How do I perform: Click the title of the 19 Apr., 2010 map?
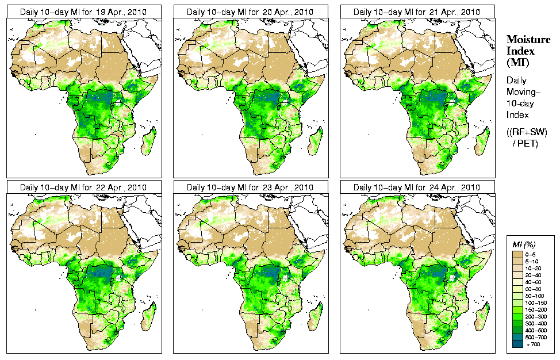(x=83, y=12)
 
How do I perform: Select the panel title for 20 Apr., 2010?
(x=250, y=12)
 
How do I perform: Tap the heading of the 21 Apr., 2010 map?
(x=416, y=12)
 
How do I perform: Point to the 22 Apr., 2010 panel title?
(x=83, y=187)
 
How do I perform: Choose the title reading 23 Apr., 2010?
(x=250, y=187)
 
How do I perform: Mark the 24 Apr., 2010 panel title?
(x=416, y=187)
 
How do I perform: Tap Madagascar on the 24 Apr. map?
(x=483, y=316)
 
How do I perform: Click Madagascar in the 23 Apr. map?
(x=316, y=316)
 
